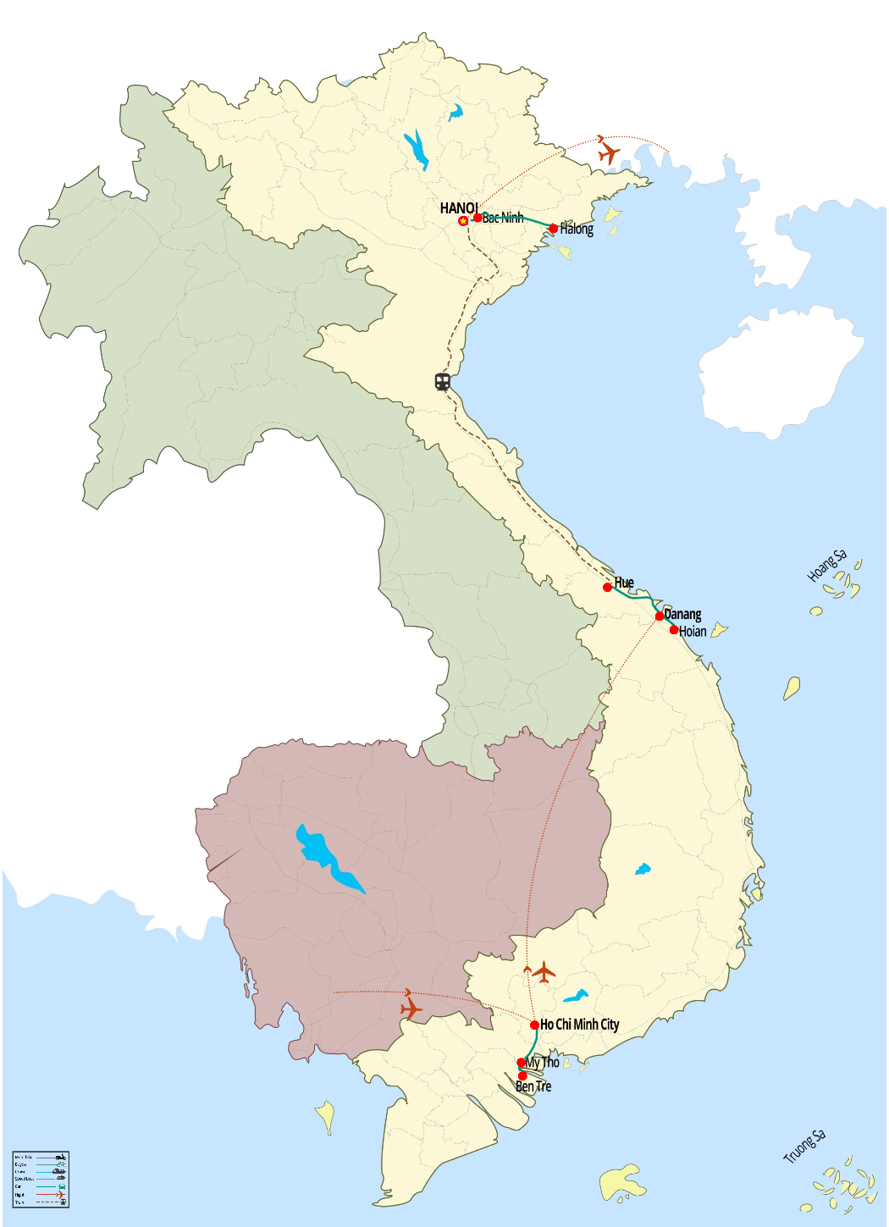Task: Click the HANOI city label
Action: tap(458, 208)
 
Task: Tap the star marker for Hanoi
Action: tap(463, 221)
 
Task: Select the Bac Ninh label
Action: tap(503, 218)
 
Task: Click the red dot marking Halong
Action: tap(554, 229)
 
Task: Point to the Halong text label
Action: tap(577, 229)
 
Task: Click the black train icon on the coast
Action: tap(442, 382)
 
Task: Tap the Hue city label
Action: tap(624, 583)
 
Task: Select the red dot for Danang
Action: tap(660, 616)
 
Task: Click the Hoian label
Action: tap(693, 632)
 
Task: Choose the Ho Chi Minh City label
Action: tap(580, 1025)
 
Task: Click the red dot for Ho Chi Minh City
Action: tap(535, 1025)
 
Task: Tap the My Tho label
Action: tap(543, 1063)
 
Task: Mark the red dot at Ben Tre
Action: tap(522, 1076)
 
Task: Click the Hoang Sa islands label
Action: tap(826, 566)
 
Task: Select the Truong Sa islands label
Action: tap(803, 1147)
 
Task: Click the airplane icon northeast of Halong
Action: tap(608, 153)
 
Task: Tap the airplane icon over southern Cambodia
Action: tap(411, 1009)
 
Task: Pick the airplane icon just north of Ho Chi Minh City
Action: tap(544, 972)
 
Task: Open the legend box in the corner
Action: tap(41, 1179)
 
